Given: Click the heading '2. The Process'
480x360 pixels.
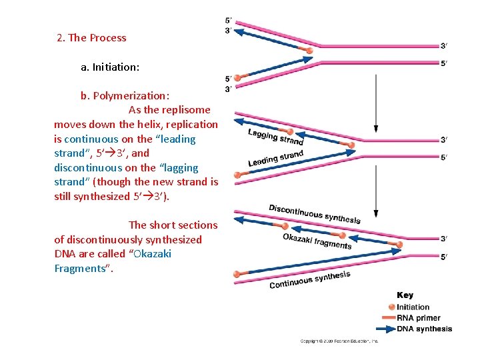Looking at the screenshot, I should point(91,38).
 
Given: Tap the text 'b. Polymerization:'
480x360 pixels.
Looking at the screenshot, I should point(125,95).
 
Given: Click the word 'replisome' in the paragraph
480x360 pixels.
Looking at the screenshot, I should point(187,110).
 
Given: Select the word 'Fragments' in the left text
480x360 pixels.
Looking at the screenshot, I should point(83,269).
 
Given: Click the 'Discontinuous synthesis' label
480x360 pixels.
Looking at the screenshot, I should point(315,214).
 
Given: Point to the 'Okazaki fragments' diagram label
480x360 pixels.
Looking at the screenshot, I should point(317,241).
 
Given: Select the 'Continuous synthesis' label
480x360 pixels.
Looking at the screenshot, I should point(309,280).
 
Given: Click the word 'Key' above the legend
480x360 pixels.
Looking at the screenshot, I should point(405,295).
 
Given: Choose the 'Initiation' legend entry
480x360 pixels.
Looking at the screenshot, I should point(413,307).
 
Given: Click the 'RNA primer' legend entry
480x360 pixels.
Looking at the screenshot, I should point(418,318).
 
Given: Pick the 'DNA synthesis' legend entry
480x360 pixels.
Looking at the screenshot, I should point(424,329).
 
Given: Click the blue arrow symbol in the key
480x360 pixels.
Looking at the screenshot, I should point(385,329).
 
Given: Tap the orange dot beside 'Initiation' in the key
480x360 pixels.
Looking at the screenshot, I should point(391,307).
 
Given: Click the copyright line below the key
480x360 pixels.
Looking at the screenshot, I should point(339,341).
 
